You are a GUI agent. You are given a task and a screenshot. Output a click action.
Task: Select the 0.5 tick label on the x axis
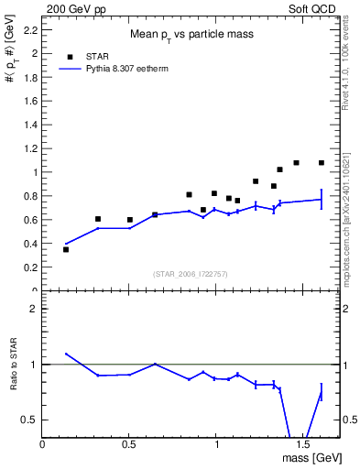(129, 444)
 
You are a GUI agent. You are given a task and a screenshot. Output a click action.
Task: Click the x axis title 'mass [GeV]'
(311, 457)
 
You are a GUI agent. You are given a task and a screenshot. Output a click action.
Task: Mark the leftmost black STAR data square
(66, 249)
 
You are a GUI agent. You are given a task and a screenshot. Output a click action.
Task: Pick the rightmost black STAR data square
(322, 163)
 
